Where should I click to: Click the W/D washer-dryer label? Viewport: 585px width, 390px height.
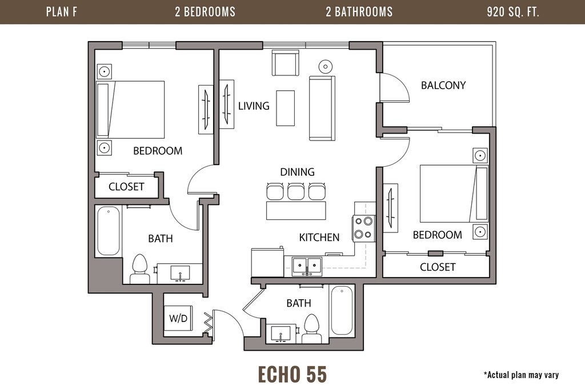coord(178,319)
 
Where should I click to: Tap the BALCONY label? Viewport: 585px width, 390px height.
coord(443,86)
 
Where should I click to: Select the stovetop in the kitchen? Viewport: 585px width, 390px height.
coord(363,228)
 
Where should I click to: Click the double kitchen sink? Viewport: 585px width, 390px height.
coord(307,266)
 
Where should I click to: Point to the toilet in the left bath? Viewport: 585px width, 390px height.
coord(140,269)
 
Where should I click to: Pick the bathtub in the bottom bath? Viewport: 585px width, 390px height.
coord(342,311)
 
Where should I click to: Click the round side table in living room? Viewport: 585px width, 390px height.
coord(325,67)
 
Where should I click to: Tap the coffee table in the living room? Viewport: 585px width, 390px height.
coord(286,108)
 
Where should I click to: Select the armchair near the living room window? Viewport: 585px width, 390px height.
coord(286,63)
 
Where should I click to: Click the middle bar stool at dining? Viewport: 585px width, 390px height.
coord(296,191)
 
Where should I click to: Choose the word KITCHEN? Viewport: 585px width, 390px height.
coord(319,238)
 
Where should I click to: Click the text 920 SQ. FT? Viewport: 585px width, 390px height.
coord(513,12)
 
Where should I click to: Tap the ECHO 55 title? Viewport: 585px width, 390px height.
coord(292,375)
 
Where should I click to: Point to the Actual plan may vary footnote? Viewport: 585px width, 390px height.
coord(521,375)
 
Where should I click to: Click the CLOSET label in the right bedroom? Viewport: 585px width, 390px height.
coord(438,267)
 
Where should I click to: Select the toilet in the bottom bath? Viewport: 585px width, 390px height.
coord(311,328)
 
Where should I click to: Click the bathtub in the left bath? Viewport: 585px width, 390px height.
coord(109,231)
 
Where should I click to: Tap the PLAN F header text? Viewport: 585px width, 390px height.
coord(62,12)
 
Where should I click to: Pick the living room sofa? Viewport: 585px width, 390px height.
coord(322,108)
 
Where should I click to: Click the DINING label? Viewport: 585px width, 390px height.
coord(297,172)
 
